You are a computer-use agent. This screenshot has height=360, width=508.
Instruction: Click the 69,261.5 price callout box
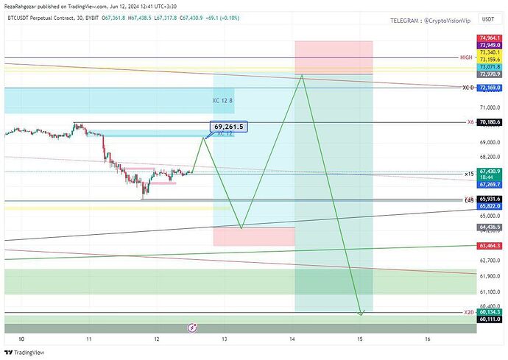click(x=228, y=127)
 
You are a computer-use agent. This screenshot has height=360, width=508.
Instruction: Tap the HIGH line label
click(x=465, y=57)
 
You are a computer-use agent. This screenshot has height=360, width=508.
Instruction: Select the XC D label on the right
click(x=468, y=88)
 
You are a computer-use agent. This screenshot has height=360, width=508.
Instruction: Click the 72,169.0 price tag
click(x=490, y=88)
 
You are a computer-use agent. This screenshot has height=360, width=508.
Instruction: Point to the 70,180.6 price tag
click(x=490, y=122)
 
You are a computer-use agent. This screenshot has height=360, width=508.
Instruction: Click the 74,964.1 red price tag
click(x=490, y=38)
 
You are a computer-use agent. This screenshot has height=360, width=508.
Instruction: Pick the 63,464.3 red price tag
click(x=490, y=245)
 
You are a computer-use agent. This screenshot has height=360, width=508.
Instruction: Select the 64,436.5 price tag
click(x=490, y=228)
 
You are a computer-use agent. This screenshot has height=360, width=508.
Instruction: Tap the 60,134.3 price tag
click(x=490, y=312)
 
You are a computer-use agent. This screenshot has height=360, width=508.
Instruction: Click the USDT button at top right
click(x=487, y=20)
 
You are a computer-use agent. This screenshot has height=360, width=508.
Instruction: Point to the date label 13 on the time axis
click(x=225, y=339)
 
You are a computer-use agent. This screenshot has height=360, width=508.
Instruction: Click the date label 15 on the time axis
click(x=360, y=339)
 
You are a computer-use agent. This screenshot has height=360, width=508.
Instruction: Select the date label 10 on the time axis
click(x=21, y=339)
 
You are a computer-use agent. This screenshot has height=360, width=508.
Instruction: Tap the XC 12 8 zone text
click(x=222, y=100)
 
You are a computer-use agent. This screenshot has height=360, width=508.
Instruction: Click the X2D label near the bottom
click(x=468, y=312)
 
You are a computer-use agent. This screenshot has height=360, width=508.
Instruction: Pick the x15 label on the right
click(x=469, y=174)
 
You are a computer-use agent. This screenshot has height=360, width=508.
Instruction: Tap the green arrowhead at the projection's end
click(x=361, y=314)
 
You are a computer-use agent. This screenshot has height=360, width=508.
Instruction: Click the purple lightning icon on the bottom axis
click(x=191, y=327)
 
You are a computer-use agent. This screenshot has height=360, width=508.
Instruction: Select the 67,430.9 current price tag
click(x=490, y=171)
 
